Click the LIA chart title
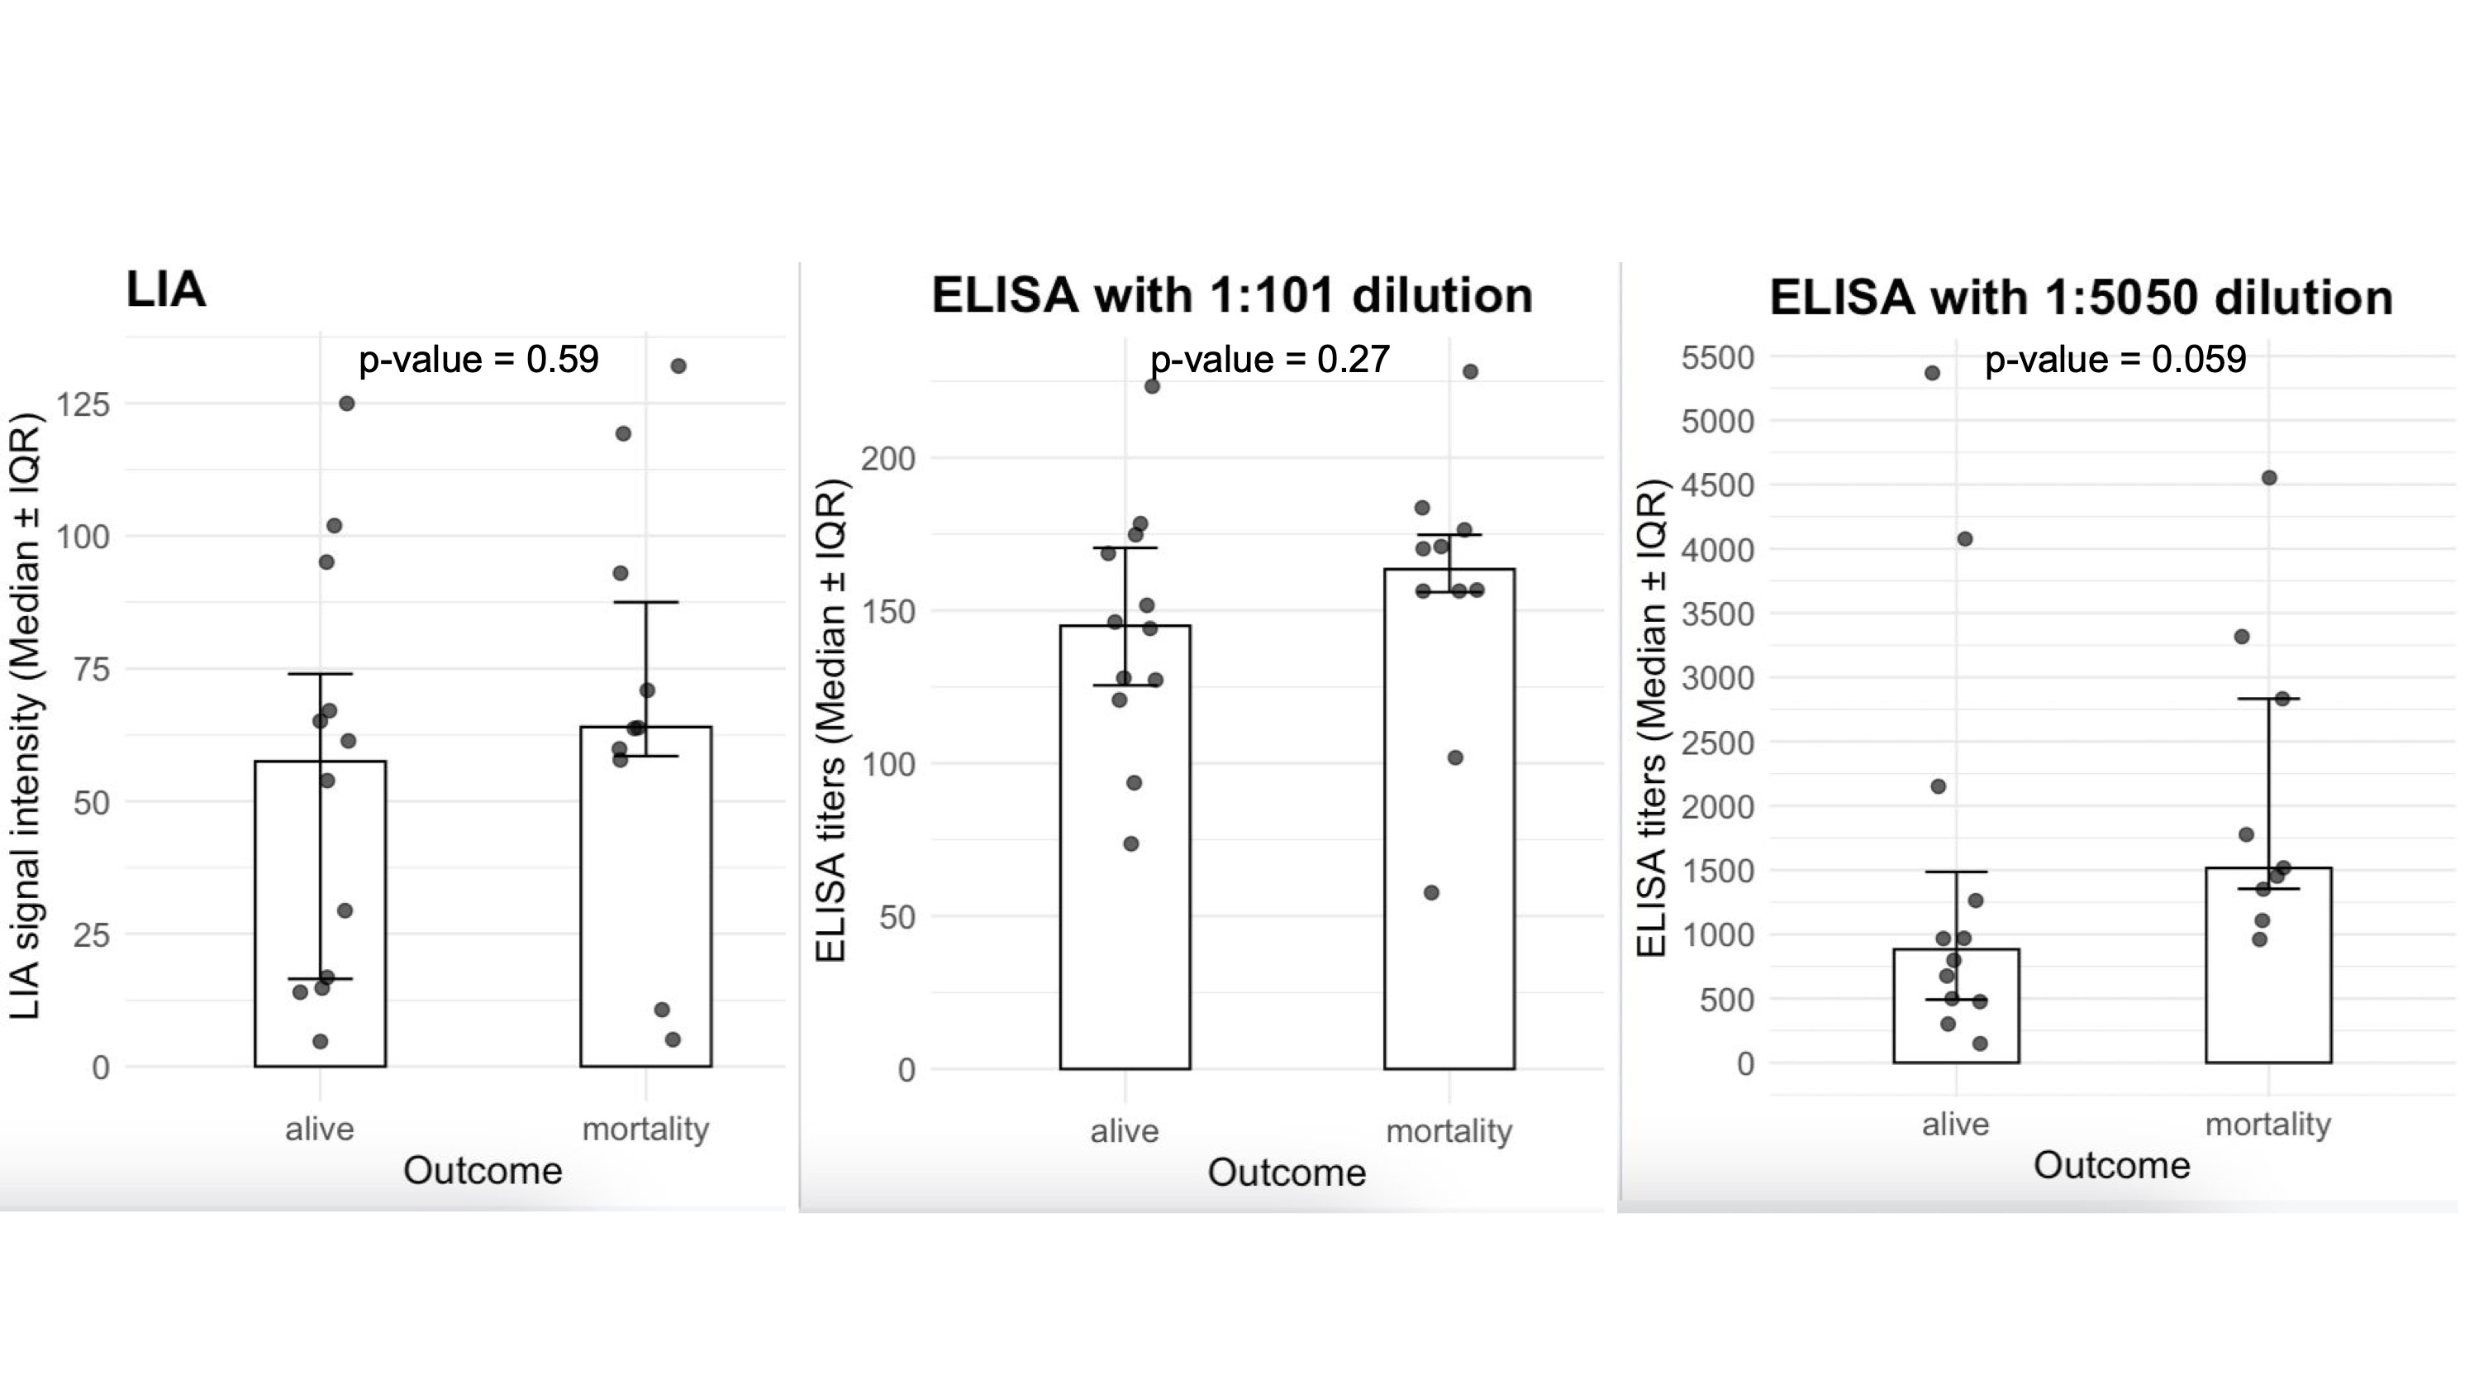[165, 289]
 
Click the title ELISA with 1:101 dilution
[1232, 294]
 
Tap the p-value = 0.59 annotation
[478, 359]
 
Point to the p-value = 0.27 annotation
[1270, 359]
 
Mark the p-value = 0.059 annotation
[2115, 359]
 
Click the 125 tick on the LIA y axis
[83, 404]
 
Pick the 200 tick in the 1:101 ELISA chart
[887, 458]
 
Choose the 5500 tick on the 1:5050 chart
[1718, 357]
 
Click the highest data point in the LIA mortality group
[678, 365]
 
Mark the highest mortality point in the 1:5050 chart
[2269, 477]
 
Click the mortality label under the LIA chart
[645, 1129]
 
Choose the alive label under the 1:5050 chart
[1955, 1124]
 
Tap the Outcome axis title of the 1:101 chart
[1287, 1172]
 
